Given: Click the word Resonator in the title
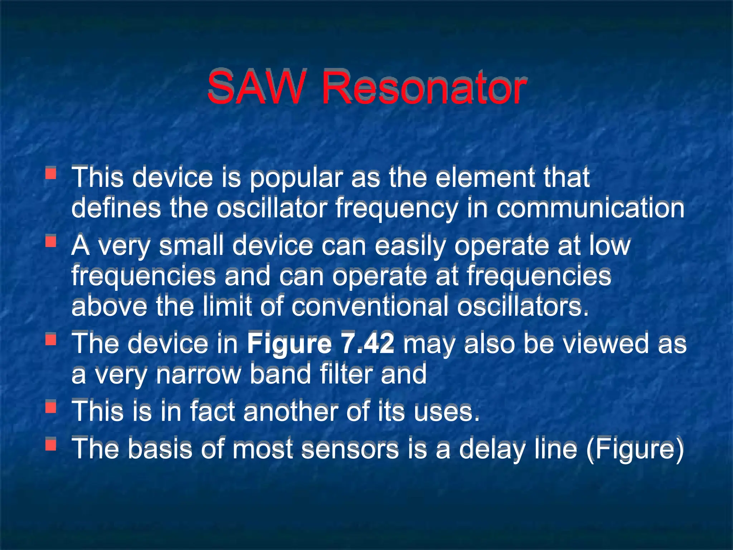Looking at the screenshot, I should coord(424,88).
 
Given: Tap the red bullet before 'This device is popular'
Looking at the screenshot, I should coord(51,173).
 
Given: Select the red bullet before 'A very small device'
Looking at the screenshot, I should coord(51,241).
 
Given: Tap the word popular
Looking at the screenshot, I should coord(296,178).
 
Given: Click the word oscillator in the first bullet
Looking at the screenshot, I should coord(271,208).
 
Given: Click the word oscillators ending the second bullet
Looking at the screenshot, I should coord(523,307).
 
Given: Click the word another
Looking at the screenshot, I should coord(290,411).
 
